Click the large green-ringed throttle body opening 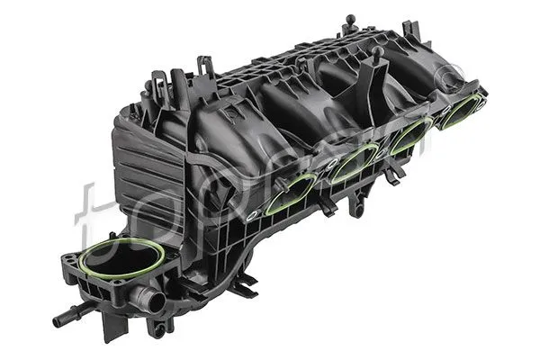pos(121,259)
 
